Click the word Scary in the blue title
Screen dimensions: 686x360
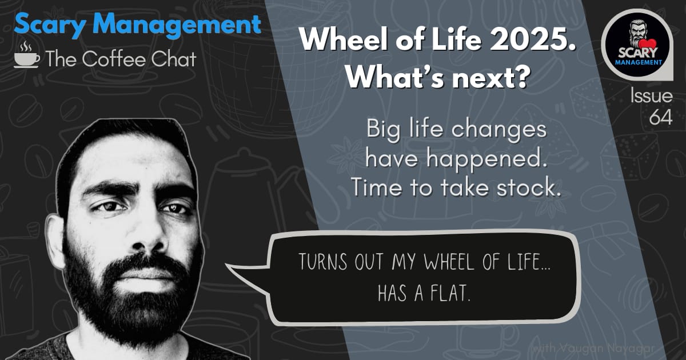click(x=50, y=25)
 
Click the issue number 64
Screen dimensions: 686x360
click(x=661, y=117)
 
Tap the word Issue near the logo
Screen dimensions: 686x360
click(x=651, y=95)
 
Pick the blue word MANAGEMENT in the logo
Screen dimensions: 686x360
click(x=639, y=62)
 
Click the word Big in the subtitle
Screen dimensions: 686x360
click(x=383, y=130)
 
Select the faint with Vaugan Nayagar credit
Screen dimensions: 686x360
click(x=593, y=349)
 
